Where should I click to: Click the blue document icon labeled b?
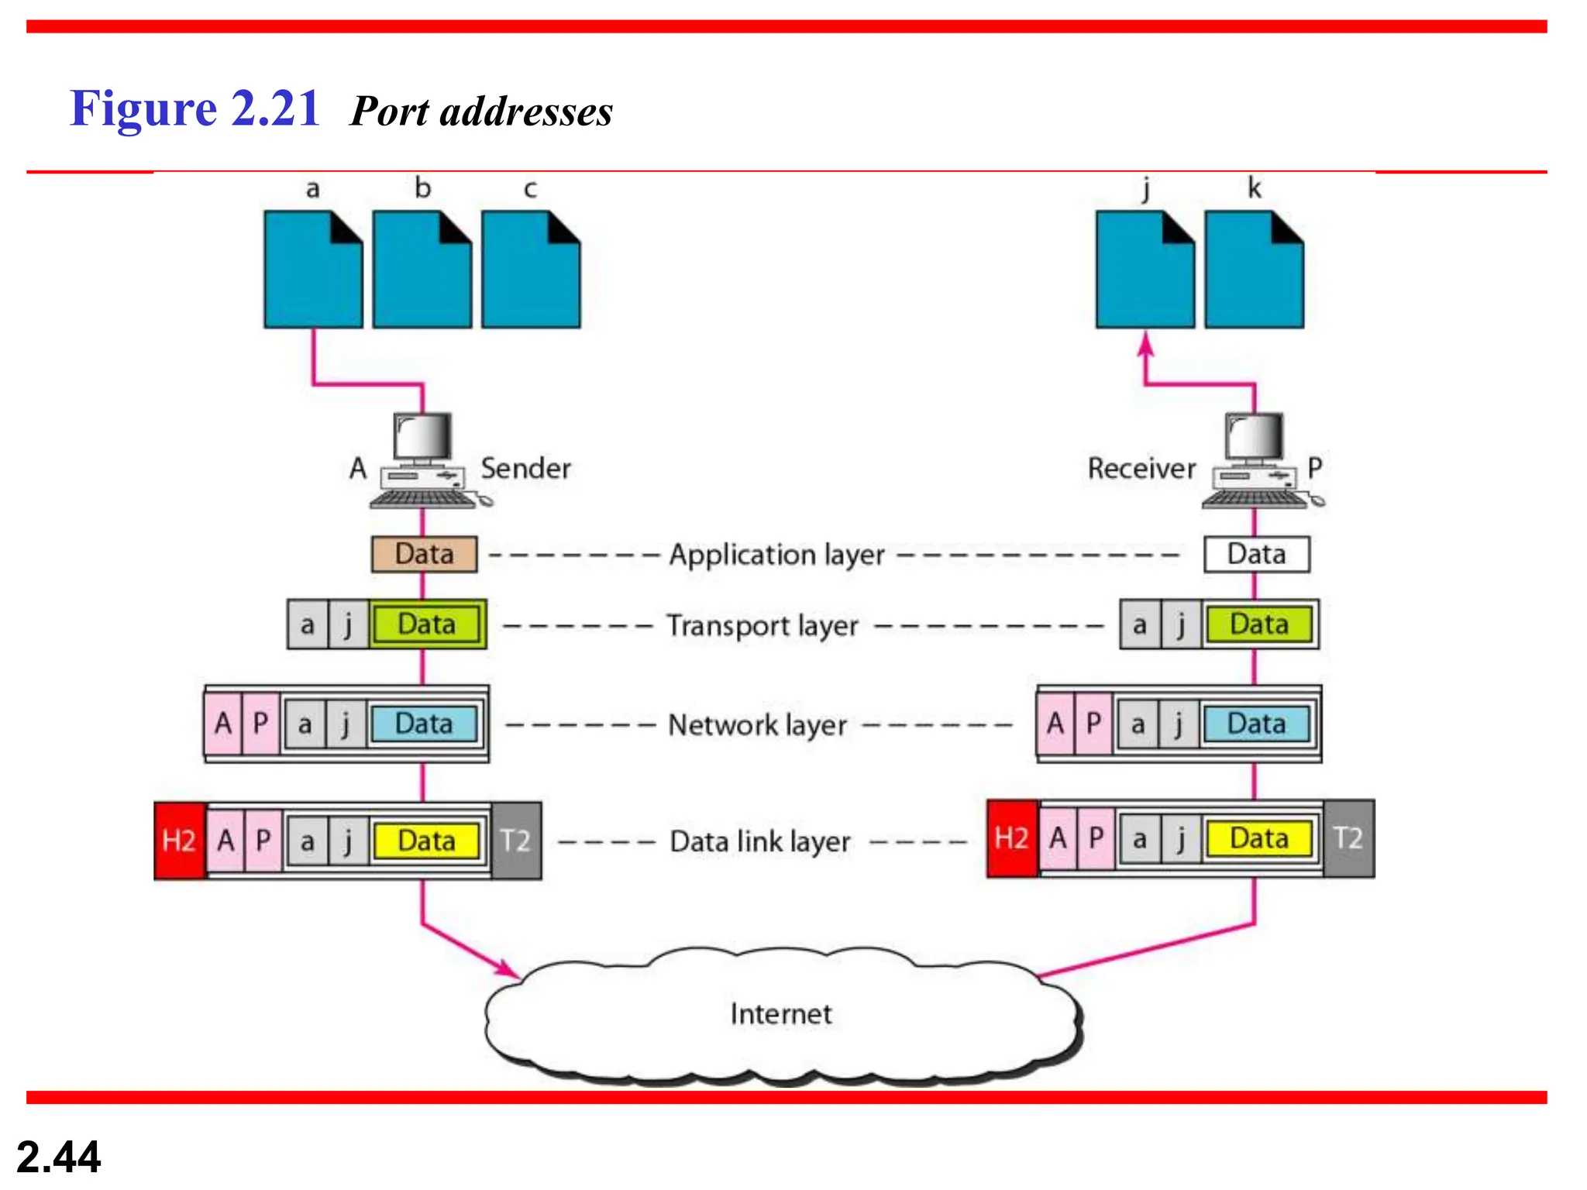[x=422, y=270]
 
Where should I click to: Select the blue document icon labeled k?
[x=1254, y=270]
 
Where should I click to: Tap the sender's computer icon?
[x=425, y=461]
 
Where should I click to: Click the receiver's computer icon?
[x=1257, y=461]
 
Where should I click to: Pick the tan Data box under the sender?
[x=424, y=554]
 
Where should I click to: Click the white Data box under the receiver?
[x=1256, y=554]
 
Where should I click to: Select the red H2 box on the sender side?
[x=179, y=841]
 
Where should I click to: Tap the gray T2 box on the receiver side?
[x=1348, y=838]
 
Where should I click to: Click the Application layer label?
[x=776, y=555]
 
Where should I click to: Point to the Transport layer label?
[x=763, y=625]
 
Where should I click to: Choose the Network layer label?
[x=757, y=725]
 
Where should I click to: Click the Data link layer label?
[x=759, y=841]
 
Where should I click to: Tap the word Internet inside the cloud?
[x=780, y=1013]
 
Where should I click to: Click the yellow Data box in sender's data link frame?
[x=426, y=841]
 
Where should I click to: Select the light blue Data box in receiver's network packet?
[x=1256, y=724]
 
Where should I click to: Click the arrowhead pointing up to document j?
[x=1146, y=344]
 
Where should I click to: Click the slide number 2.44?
[x=58, y=1157]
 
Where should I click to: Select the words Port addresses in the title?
[x=481, y=111]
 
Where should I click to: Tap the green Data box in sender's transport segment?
[x=426, y=624]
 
